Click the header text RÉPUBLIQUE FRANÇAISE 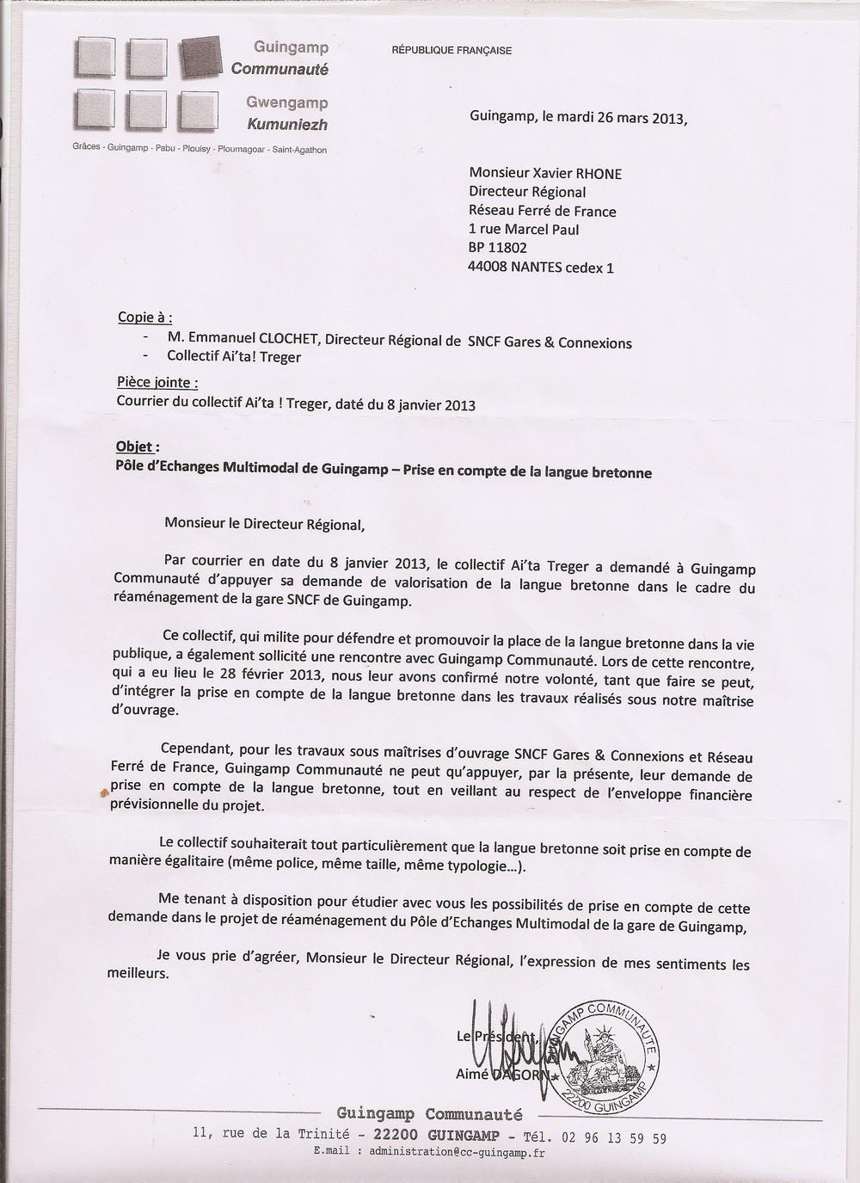pos(451,50)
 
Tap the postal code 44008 pos(488,267)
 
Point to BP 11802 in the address pos(498,248)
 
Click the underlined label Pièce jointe pos(157,383)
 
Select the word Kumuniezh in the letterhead pos(288,125)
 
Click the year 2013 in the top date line pos(667,120)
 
